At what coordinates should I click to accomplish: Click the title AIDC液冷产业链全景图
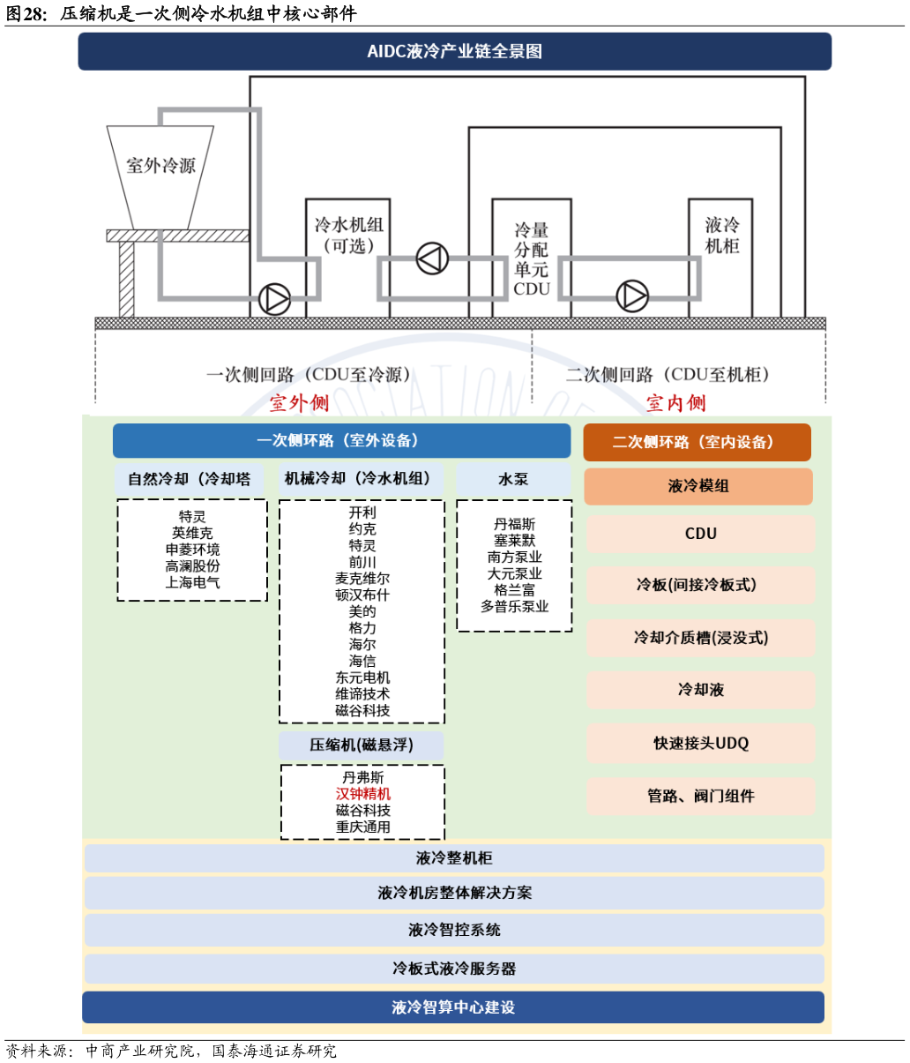tap(454, 51)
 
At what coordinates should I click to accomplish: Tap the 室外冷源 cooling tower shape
tap(160, 172)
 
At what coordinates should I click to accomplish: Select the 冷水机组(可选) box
tap(348, 236)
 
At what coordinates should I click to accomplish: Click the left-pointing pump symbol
tap(432, 258)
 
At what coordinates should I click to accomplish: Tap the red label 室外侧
tap(299, 403)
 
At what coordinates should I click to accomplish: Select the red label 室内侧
tap(675, 403)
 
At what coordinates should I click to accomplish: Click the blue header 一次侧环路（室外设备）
tap(341, 440)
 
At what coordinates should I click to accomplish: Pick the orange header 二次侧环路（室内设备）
tap(697, 442)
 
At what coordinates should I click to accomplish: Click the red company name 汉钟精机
tap(362, 794)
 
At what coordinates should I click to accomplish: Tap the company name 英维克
tap(192, 533)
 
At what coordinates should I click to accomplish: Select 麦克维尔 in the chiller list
tap(362, 579)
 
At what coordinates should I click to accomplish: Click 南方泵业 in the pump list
tap(514, 558)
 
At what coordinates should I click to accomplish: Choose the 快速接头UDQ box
tap(700, 743)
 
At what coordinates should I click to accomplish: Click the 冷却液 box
tap(700, 690)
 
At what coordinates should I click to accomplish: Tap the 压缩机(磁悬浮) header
tap(362, 745)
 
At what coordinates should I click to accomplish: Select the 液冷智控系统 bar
tap(454, 930)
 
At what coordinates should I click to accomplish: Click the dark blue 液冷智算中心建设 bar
tap(453, 1007)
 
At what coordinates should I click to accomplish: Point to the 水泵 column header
tap(513, 479)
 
